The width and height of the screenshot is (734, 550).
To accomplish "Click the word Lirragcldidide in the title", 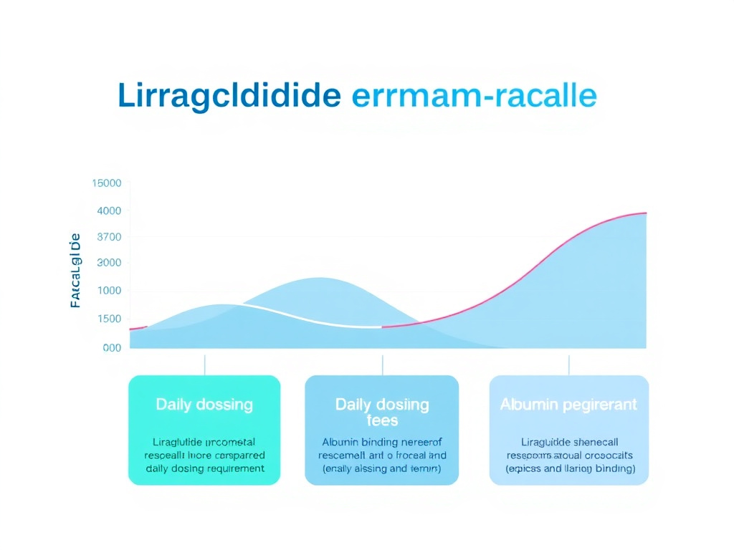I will point(229,97).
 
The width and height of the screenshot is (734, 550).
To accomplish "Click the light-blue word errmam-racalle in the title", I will point(474,97).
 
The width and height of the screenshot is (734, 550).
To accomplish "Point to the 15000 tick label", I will point(107,183).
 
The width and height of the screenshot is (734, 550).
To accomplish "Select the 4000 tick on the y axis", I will point(109,211).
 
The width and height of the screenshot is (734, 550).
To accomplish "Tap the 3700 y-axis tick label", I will point(109,237).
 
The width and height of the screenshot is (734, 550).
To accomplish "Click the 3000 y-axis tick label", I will point(109,263).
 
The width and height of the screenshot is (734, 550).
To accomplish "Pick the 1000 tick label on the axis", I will point(109,291).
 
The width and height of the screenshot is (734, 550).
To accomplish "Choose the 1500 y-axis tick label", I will point(109,319).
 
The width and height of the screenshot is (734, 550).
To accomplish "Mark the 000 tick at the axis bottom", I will point(112,347).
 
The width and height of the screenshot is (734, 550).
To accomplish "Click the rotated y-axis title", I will point(75,271).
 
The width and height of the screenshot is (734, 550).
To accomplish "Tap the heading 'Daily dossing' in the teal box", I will point(204,405).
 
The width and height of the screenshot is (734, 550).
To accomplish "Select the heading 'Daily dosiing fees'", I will point(382,412).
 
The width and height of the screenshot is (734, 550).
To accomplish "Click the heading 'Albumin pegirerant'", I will point(568,405).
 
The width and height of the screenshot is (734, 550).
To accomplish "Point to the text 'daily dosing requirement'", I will point(204,468).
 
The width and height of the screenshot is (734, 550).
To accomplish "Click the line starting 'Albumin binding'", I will point(382,442).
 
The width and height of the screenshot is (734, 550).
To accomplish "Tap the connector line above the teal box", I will point(205,365).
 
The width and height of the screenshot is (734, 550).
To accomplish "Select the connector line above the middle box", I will point(382,365).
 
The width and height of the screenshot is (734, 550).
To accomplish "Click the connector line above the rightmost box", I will point(569,365).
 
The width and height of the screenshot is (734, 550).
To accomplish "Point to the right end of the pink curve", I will point(645,213).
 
